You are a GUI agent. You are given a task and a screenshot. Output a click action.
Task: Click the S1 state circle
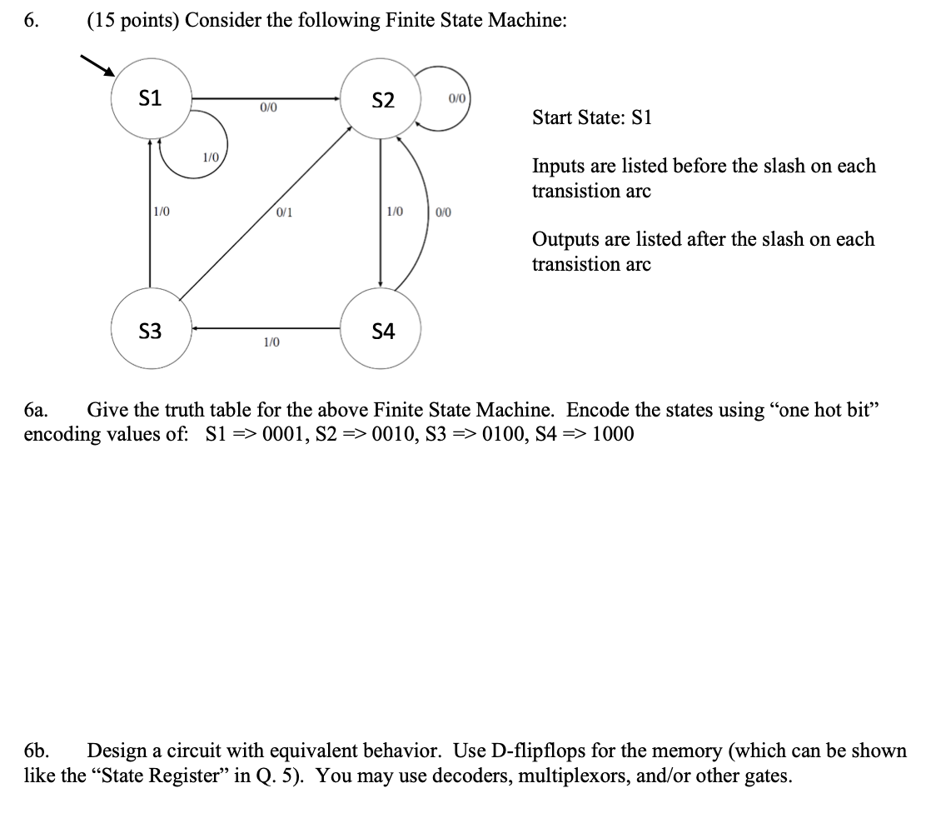[150, 99]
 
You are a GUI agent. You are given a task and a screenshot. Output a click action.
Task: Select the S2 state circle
[382, 100]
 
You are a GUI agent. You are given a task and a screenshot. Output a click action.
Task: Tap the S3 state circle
[150, 332]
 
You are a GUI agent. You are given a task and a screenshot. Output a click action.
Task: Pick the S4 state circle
[382, 332]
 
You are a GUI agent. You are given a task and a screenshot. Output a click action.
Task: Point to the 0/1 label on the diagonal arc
[285, 212]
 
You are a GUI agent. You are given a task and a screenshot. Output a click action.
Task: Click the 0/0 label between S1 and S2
[268, 107]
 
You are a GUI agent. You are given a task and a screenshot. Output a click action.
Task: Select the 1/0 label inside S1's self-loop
[212, 157]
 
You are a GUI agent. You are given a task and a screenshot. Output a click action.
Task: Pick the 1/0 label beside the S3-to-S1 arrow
[161, 212]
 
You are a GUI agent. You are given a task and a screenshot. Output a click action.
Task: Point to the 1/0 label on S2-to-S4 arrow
[395, 212]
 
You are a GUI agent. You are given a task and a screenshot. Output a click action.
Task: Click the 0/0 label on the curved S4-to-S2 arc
[443, 212]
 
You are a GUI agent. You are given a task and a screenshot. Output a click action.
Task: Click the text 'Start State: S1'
[592, 117]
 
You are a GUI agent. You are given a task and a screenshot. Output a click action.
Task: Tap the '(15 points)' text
[132, 22]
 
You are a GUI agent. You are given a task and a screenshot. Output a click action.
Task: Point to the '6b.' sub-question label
[38, 751]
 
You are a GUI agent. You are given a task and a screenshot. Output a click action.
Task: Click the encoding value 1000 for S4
[612, 435]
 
